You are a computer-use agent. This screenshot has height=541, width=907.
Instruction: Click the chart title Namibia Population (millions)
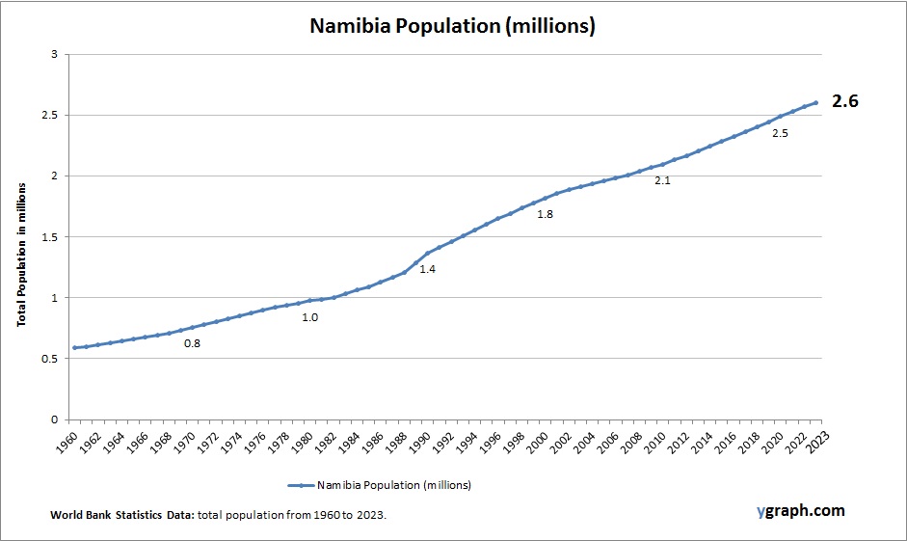tap(452, 26)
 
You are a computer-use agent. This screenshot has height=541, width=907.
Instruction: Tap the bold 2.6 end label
tap(845, 102)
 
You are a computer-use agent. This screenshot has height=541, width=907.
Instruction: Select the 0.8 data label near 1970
tap(192, 343)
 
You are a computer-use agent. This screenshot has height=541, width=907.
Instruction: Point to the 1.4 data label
tap(427, 269)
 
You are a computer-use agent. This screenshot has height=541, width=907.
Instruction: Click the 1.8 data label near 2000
tap(545, 214)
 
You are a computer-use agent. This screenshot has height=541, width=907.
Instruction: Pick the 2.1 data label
tap(662, 180)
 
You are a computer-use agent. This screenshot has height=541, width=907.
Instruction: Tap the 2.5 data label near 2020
tap(780, 133)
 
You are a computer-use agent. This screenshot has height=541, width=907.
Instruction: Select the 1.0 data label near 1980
tap(309, 316)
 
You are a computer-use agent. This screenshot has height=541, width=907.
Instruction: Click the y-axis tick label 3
tap(54, 54)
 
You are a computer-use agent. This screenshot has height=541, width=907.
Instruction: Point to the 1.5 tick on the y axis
tap(49, 237)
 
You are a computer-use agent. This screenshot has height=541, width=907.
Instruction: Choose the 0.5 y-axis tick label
tap(49, 359)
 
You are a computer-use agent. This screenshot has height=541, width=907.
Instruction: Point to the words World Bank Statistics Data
tap(122, 516)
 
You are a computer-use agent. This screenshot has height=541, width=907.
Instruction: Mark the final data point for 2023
tap(816, 102)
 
